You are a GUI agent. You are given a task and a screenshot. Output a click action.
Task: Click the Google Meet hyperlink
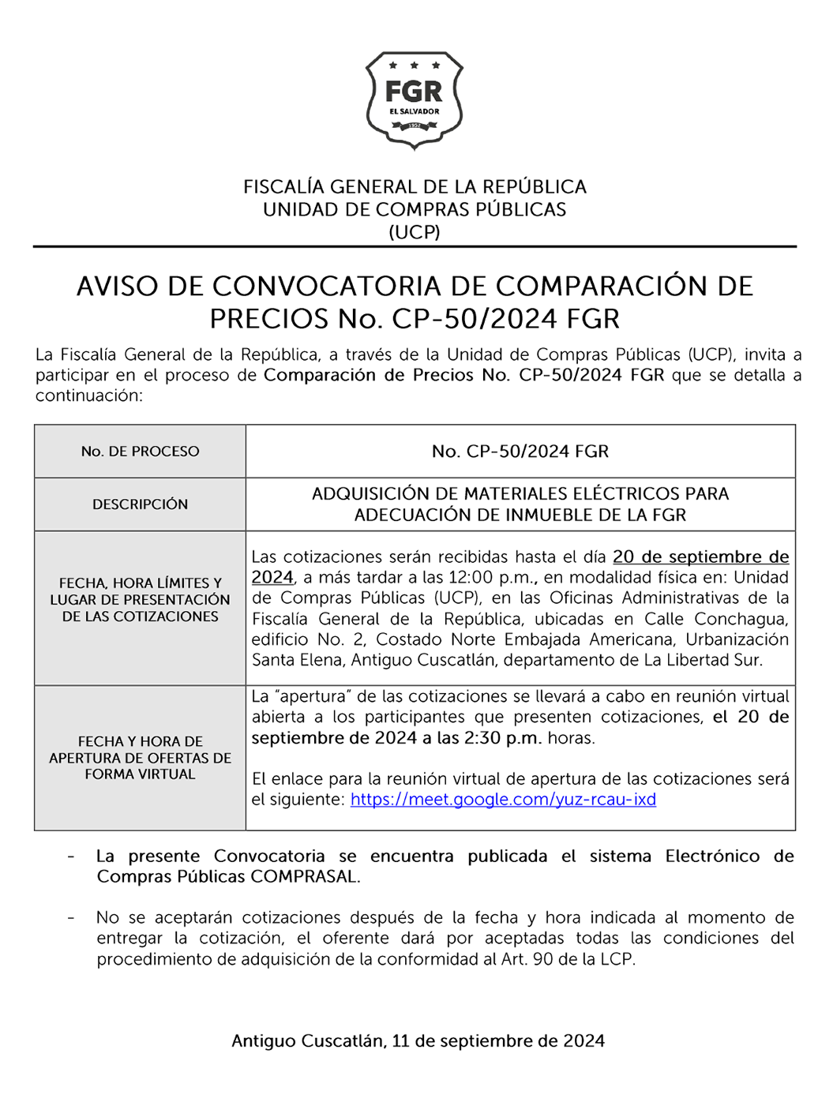point(503,800)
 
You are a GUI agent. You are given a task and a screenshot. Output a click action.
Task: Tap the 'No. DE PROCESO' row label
point(140,452)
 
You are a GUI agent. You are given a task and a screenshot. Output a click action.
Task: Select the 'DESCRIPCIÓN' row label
point(140,504)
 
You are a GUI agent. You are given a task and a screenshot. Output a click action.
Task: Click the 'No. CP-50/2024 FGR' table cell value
point(520,452)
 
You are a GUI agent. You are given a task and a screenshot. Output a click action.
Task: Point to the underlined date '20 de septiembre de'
point(700,557)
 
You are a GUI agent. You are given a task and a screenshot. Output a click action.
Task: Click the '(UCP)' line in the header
point(415,232)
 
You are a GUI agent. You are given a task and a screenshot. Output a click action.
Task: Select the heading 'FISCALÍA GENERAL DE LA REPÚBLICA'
point(415,187)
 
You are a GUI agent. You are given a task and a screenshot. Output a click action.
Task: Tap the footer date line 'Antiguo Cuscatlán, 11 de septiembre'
point(418,1041)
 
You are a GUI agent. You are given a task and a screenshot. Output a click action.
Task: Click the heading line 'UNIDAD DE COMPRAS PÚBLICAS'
point(415,210)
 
